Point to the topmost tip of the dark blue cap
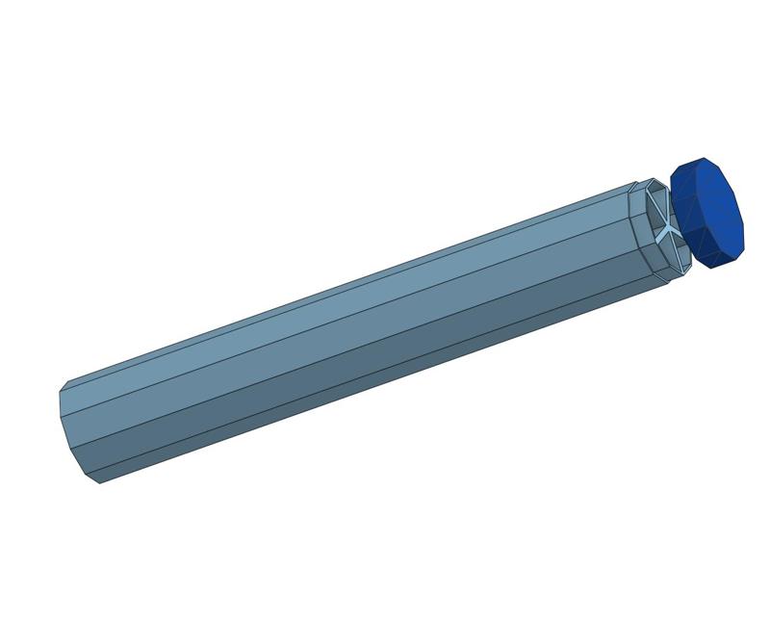pos(703,158)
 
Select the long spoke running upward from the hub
pos(658,206)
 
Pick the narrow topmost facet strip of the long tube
pos(346,282)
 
